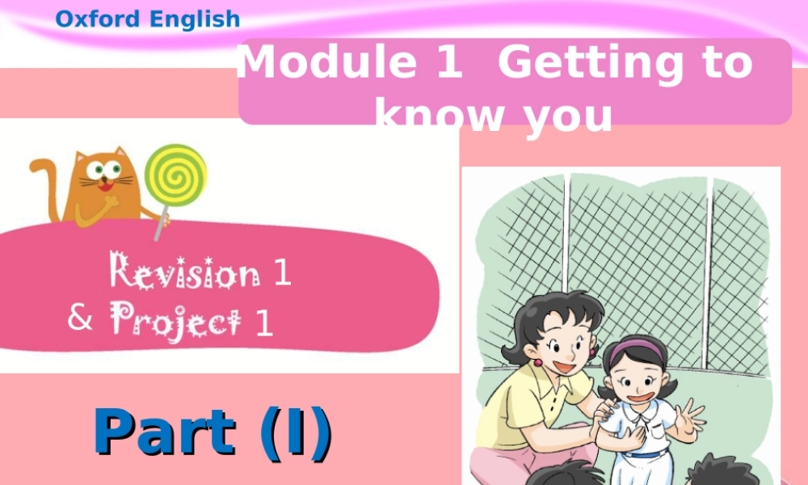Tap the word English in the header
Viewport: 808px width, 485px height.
click(193, 19)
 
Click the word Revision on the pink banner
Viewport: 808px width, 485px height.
click(185, 272)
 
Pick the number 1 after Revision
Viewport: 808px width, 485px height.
click(283, 273)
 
